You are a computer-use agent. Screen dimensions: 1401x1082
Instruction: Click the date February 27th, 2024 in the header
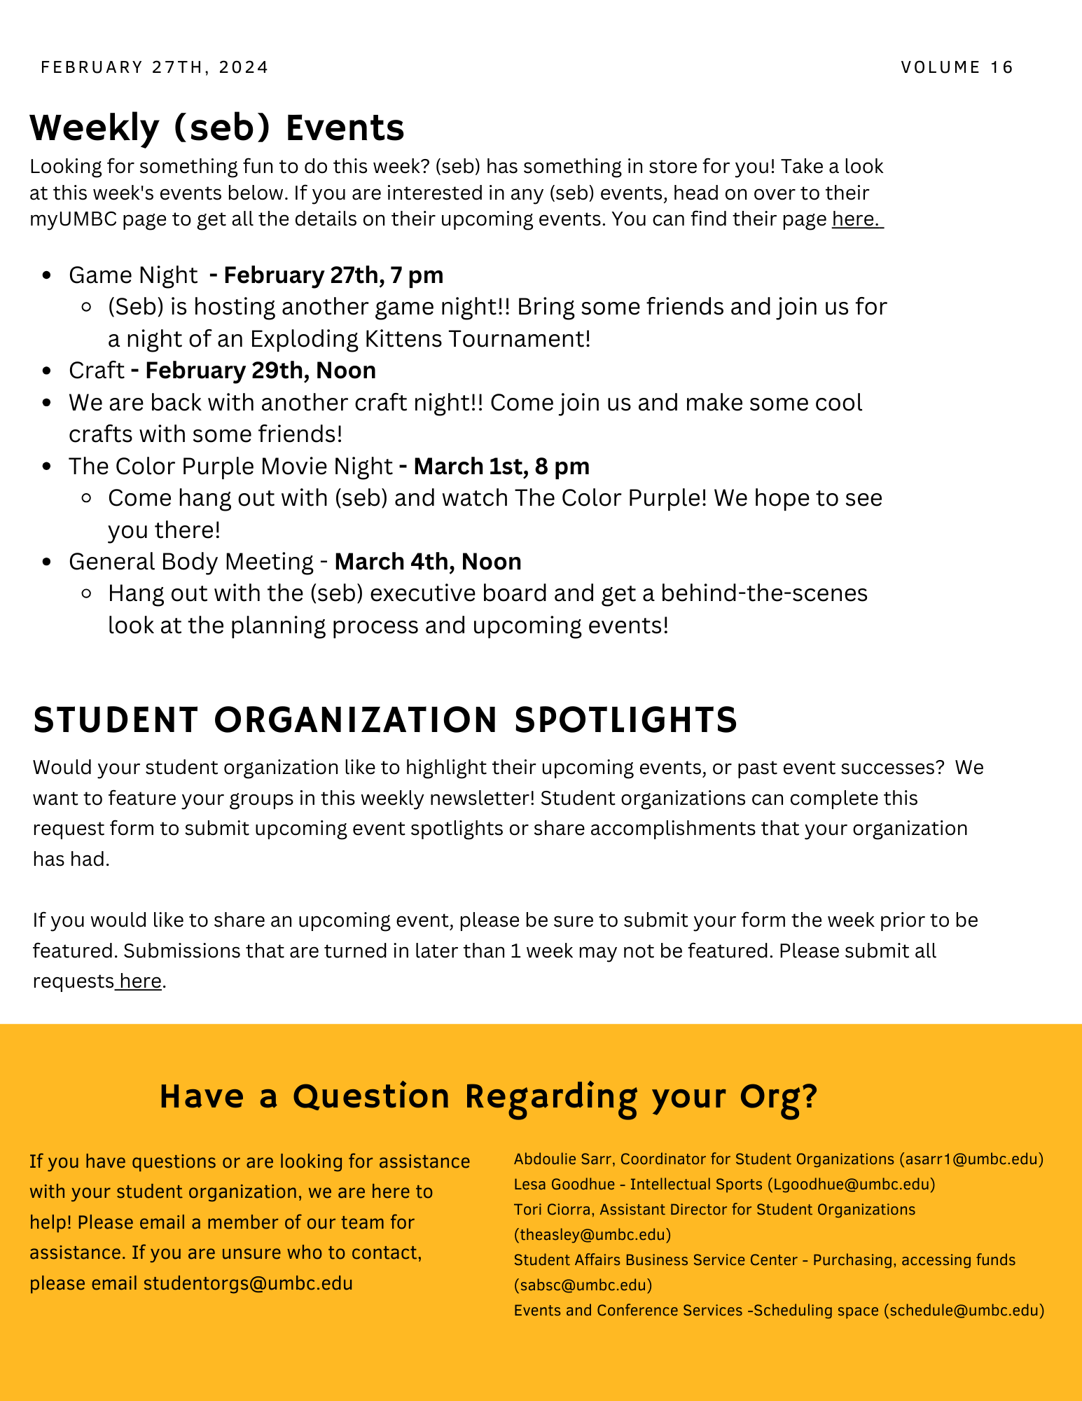[155, 67]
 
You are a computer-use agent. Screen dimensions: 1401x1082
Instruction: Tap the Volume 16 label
[957, 67]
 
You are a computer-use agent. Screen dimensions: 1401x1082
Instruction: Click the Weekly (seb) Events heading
[217, 127]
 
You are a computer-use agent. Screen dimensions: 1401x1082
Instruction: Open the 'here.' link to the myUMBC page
[856, 219]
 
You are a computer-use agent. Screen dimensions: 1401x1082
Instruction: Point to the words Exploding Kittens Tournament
[419, 339]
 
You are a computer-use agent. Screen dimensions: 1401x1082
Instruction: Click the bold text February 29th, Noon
[260, 371]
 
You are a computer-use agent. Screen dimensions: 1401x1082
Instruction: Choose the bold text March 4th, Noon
[427, 562]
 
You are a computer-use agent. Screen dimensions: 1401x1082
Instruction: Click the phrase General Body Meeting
[190, 562]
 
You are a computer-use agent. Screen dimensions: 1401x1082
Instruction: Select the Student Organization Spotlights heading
[385, 720]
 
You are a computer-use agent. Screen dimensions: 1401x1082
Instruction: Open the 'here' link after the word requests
[140, 981]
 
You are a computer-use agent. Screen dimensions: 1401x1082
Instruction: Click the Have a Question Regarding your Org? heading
[488, 1096]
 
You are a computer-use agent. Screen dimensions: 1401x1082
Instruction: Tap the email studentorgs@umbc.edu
[248, 1283]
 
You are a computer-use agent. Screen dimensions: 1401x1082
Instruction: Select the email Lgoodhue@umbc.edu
[851, 1185]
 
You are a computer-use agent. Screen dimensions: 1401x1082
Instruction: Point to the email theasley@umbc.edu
[592, 1234]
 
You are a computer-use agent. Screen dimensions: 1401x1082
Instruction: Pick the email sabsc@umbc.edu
[583, 1285]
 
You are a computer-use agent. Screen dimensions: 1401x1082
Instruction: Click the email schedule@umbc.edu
[964, 1310]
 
